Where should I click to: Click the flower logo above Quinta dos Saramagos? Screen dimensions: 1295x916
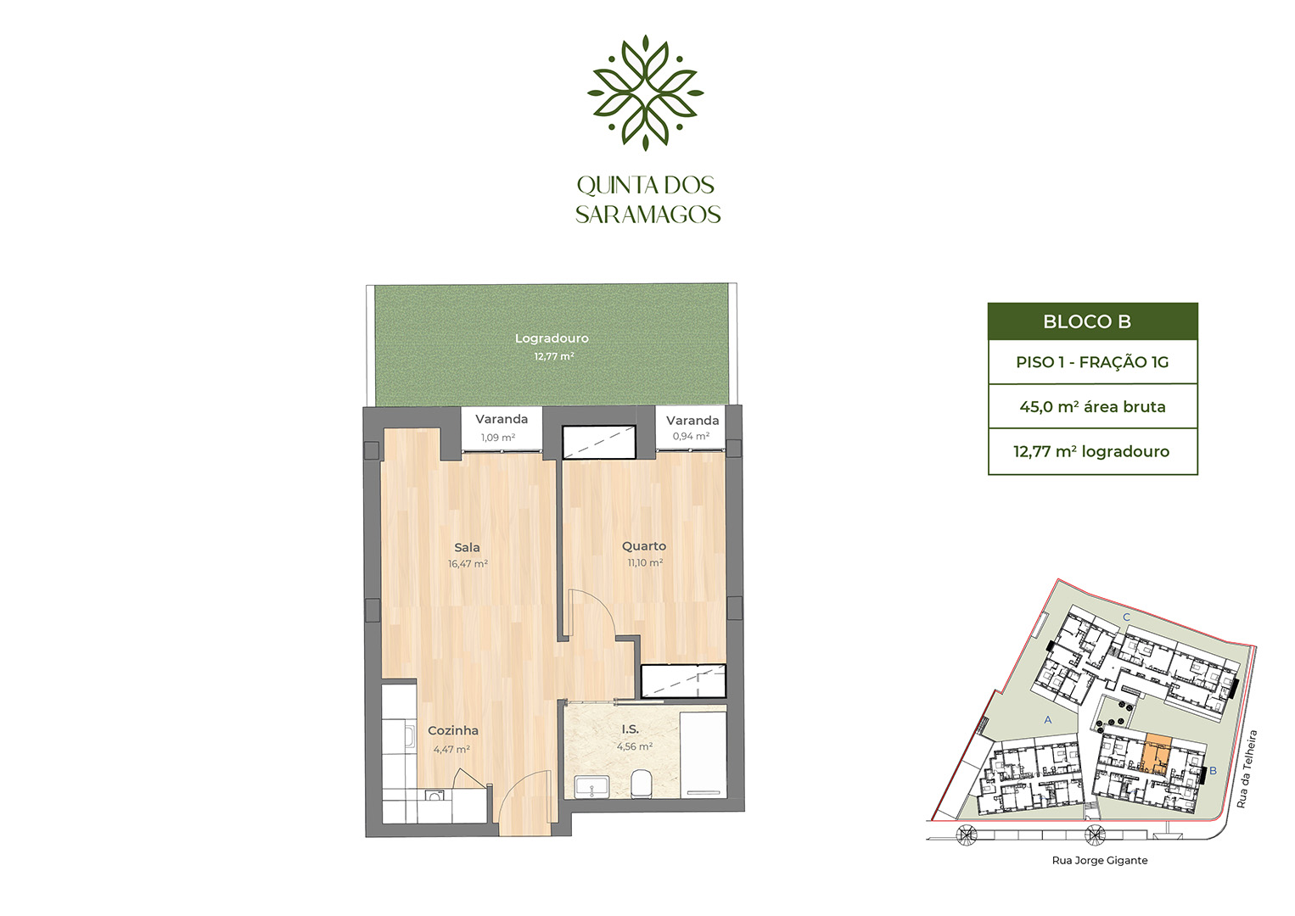pos(646,93)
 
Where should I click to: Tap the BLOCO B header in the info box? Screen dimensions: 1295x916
pos(1087,321)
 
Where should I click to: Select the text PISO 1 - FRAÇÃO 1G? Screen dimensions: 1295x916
pos(1092,362)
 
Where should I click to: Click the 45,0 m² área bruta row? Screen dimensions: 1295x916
pos(1092,407)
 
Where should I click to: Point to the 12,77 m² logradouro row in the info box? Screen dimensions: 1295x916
pos(1091,451)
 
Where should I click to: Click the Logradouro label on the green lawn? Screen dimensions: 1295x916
pos(552,338)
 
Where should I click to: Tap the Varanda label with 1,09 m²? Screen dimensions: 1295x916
pos(502,419)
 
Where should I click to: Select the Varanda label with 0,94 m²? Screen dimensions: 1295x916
pos(692,420)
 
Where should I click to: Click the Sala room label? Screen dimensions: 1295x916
pos(467,547)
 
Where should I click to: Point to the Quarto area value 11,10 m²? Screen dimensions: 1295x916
pos(645,563)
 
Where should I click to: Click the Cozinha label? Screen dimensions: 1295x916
pos(452,730)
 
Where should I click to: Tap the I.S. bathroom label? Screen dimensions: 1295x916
pos(631,730)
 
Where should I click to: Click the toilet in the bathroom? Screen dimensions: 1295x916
pos(642,784)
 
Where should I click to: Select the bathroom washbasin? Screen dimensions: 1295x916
pos(591,786)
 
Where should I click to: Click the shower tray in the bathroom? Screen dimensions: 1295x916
pos(703,755)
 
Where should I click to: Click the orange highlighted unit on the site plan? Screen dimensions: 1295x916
pos(1158,755)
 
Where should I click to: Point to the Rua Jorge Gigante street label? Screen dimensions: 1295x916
pos(1100,861)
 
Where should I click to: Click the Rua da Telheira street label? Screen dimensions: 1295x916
pos(1247,769)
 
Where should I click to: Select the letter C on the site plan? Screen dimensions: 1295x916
pos(1126,617)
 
